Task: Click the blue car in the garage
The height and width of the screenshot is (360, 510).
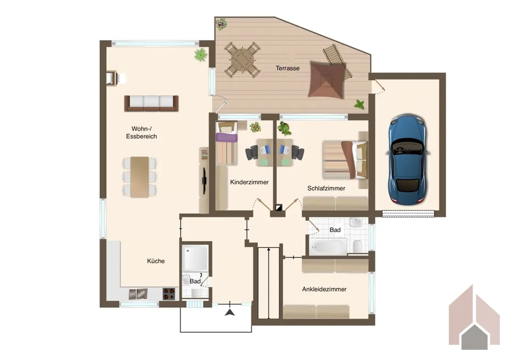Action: (407, 159)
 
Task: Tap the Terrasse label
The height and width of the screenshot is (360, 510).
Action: (288, 68)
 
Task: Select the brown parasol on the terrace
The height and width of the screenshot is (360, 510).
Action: (326, 79)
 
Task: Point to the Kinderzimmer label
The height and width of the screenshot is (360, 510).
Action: (250, 182)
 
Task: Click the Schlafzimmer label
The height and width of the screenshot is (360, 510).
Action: (326, 188)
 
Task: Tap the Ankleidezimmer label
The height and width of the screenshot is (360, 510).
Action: (324, 289)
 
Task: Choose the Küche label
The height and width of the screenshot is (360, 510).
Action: (156, 261)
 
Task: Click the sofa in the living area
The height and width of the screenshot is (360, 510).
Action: (152, 103)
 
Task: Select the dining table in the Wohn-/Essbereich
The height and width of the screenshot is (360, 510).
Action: (140, 177)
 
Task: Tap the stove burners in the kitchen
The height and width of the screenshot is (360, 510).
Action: (169, 294)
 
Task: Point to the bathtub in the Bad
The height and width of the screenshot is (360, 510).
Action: (328, 246)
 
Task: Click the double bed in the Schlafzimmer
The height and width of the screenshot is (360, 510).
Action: (345, 159)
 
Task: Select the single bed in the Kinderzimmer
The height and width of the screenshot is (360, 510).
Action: (227, 142)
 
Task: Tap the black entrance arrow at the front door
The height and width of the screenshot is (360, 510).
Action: (230, 313)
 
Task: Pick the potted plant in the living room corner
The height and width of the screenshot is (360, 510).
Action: (201, 54)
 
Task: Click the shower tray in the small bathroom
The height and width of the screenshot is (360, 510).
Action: (195, 258)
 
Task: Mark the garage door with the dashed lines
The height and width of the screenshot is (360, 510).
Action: (408, 214)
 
